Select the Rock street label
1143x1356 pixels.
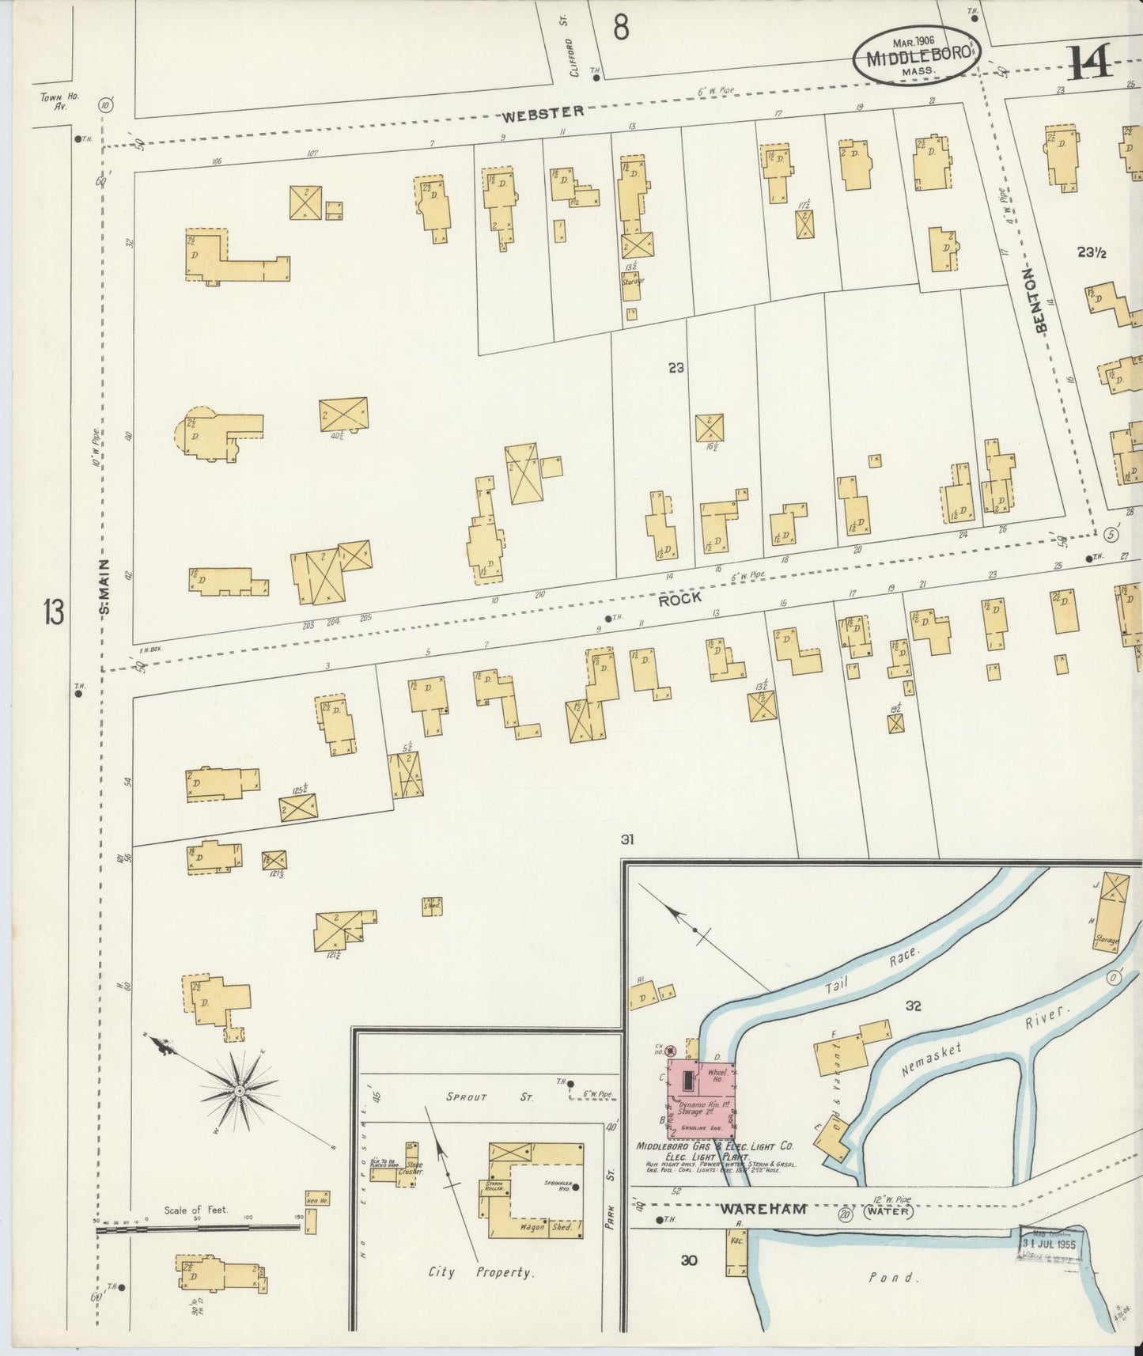click(680, 599)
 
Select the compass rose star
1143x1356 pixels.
click(239, 1091)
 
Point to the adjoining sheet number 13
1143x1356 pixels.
click(54, 613)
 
